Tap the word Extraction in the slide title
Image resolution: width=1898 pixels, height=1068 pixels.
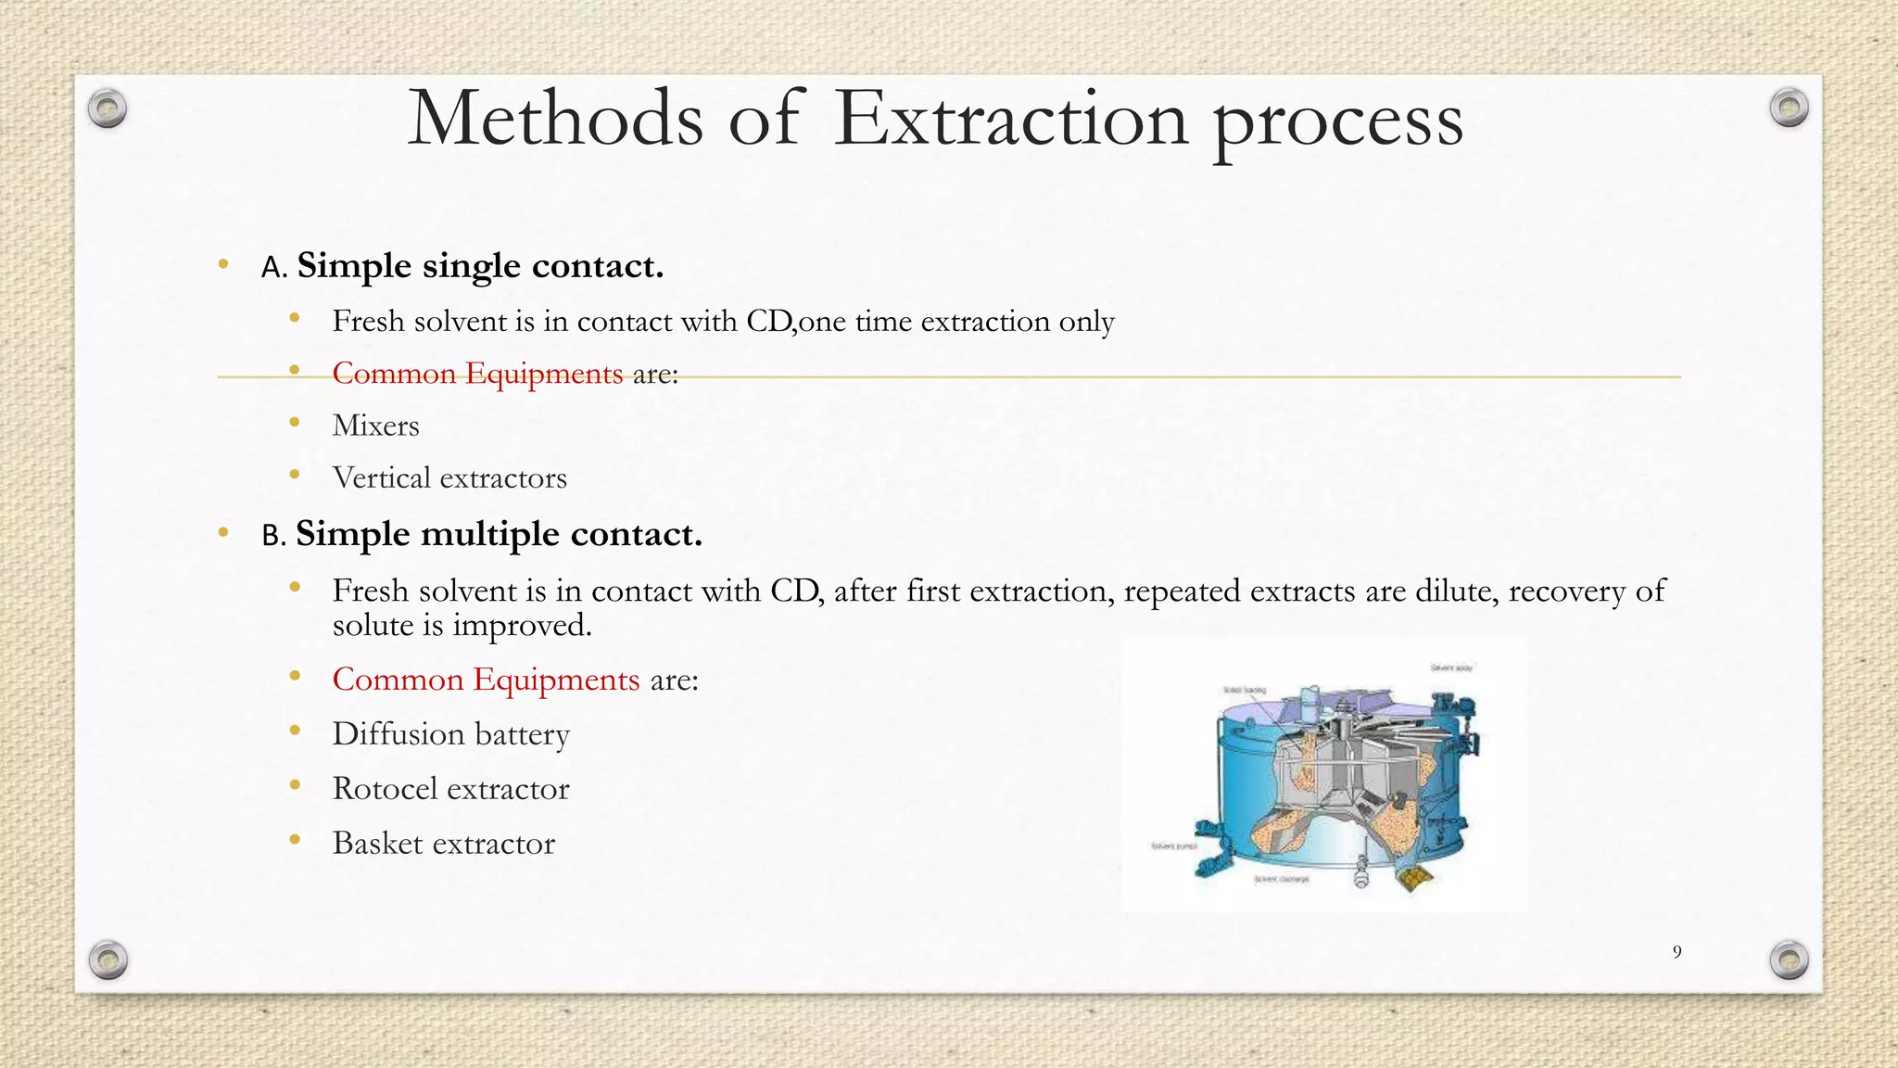point(1010,119)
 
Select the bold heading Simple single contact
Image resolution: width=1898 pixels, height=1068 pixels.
point(480,266)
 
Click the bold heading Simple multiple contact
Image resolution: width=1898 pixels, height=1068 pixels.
point(499,534)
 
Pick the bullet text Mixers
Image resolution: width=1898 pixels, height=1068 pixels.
point(375,426)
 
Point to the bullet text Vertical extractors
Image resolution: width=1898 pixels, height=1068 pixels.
point(449,478)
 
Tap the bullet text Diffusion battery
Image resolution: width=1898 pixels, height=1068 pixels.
point(450,734)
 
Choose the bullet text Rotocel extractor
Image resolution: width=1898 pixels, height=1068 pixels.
point(450,789)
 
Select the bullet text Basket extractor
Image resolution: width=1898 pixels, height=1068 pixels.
point(443,844)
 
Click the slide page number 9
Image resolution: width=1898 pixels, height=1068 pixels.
point(1677,952)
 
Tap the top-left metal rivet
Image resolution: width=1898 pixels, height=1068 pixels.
point(108,109)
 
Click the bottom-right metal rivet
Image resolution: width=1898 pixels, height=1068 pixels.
point(1789,960)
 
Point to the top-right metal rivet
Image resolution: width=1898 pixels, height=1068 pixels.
point(1789,108)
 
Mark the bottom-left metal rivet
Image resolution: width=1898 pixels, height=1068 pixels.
point(108,960)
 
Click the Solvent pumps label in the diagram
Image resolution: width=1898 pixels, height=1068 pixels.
point(1174,846)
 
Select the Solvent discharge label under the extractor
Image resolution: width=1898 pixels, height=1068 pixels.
point(1282,879)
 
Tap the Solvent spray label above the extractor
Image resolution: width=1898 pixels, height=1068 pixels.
point(1451,667)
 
